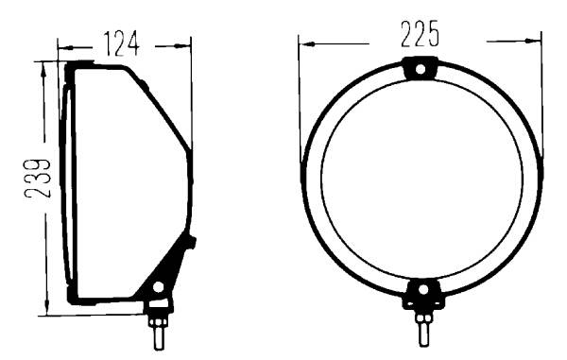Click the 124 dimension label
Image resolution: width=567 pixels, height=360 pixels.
tap(121, 44)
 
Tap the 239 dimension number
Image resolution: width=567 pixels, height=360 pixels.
tap(37, 179)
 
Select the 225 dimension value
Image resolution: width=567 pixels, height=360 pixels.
tap(420, 34)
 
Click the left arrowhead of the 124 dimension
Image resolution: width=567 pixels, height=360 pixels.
tap(64, 47)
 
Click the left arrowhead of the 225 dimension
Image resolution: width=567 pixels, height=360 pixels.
tap(306, 44)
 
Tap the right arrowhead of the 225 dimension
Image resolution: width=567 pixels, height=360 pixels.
tap(533, 41)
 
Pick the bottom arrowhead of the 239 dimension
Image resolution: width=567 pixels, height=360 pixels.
tap(46, 307)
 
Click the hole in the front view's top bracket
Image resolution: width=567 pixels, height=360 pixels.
tap(421, 69)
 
